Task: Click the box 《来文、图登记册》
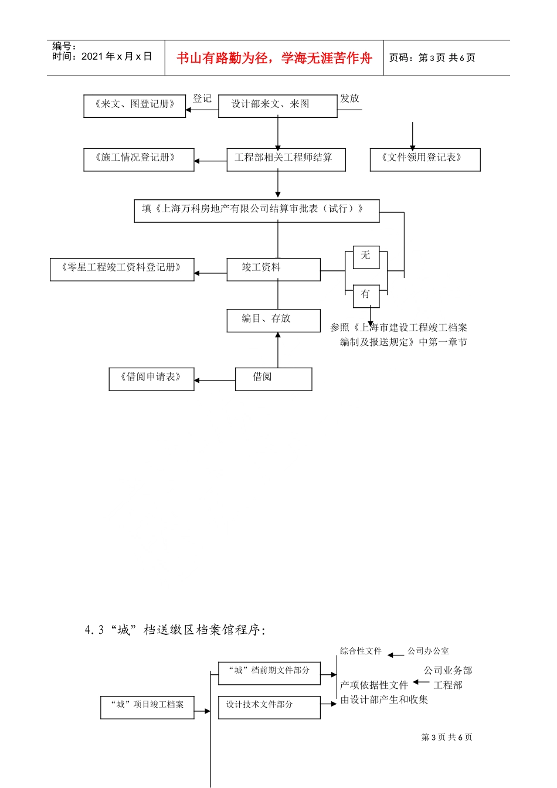pyautogui.click(x=134, y=106)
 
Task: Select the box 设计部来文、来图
pyautogui.click(x=277, y=106)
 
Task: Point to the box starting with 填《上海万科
pyautogui.click(x=256, y=210)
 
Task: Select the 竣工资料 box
pyautogui.click(x=273, y=269)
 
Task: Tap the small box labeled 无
pyautogui.click(x=366, y=257)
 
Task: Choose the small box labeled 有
pyautogui.click(x=366, y=295)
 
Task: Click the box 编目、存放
pyautogui.click(x=273, y=320)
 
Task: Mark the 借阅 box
pyautogui.click(x=273, y=378)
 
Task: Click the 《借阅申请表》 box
pyautogui.click(x=151, y=378)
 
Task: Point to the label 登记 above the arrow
pyautogui.click(x=202, y=98)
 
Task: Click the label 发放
pyautogui.click(x=349, y=98)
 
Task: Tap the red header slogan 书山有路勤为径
pyautogui.click(x=274, y=58)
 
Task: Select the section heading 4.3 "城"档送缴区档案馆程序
pyautogui.click(x=175, y=630)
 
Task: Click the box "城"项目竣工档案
pyautogui.click(x=147, y=707)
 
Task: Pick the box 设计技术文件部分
pyautogui.click(x=269, y=707)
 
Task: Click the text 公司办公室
pyautogui.click(x=428, y=651)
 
